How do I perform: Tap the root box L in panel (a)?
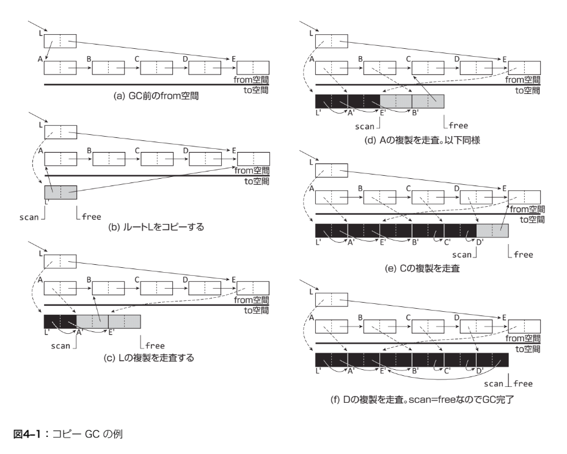pyautogui.click(x=60, y=41)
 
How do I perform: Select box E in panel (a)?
pyautogui.click(x=252, y=68)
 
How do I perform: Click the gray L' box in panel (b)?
pyautogui.click(x=60, y=192)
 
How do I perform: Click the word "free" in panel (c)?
pyautogui.click(x=154, y=345)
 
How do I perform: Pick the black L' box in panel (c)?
pyautogui.click(x=60, y=322)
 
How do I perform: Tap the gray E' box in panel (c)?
pyautogui.click(x=125, y=322)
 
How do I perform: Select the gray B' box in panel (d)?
pyautogui.click(x=428, y=101)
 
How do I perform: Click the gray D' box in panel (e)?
pyautogui.click(x=492, y=231)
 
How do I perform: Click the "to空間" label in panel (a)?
pyautogui.click(x=255, y=88)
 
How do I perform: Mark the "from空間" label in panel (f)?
pyautogui.click(x=524, y=338)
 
